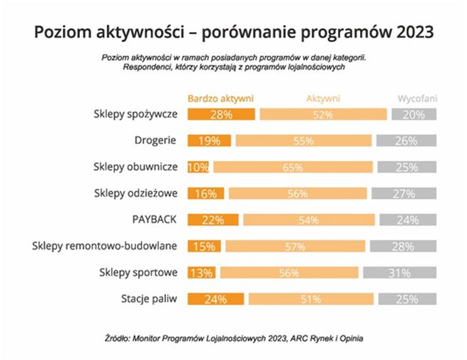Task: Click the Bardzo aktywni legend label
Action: click(x=220, y=99)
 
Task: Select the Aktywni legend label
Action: click(x=323, y=99)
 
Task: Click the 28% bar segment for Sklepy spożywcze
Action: click(x=221, y=114)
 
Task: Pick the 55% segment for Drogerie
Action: click(x=304, y=140)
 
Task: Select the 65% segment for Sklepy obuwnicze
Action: click(x=292, y=167)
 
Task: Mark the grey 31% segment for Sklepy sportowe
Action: click(x=399, y=272)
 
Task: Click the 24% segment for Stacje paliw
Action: click(x=215, y=299)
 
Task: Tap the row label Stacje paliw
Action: click(x=150, y=299)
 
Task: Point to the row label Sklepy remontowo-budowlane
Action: click(x=105, y=246)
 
